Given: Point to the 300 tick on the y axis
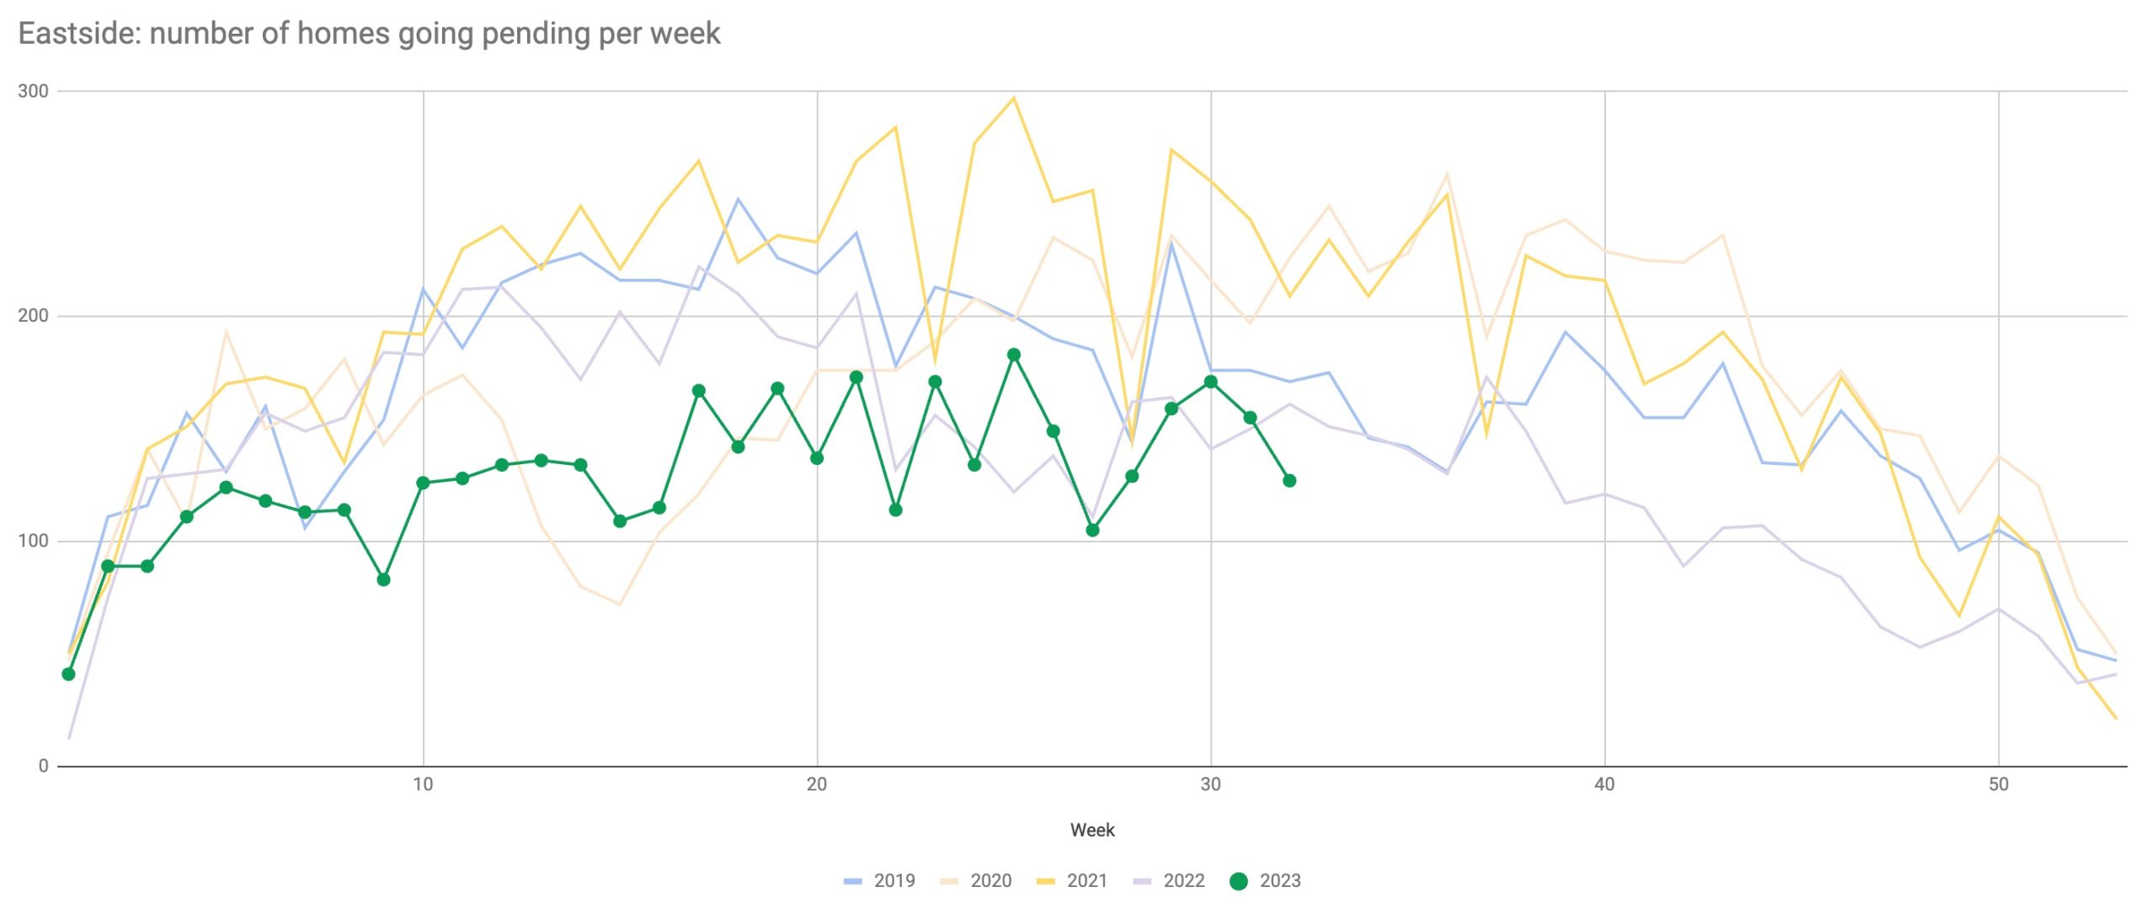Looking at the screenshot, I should (33, 91).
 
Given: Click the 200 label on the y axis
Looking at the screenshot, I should (33, 316).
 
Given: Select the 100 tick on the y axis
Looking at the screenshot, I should (33, 541).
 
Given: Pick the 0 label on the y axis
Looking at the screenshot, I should (43, 766).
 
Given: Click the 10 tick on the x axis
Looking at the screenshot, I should (423, 785).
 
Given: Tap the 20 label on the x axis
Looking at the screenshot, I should (816, 785).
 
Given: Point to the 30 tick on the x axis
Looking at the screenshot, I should (1210, 785).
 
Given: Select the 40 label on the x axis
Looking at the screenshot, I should (1604, 785).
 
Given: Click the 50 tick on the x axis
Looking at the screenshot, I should (1999, 785).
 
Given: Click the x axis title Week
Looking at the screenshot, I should (1092, 830).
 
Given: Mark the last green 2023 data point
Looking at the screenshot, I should (1289, 481).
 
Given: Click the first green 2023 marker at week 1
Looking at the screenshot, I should (68, 675).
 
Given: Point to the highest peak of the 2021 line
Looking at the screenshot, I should (1014, 98).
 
